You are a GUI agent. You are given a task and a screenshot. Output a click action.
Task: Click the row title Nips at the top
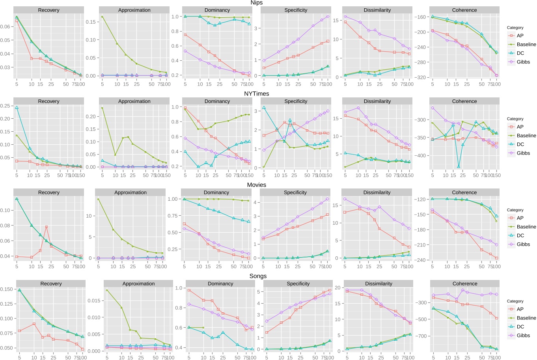(256, 3)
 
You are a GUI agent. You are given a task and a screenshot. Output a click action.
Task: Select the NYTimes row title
(256, 94)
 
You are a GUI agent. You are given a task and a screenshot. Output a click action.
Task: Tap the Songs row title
(258, 276)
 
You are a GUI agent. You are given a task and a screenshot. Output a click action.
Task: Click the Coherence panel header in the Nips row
(464, 10)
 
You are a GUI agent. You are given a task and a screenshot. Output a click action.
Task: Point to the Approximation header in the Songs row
(138, 284)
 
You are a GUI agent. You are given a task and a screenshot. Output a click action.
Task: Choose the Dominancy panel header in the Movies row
(216, 192)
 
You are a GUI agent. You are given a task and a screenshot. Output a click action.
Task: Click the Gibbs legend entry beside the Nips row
(523, 62)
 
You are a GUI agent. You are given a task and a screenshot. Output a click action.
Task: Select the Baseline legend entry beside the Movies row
(526, 227)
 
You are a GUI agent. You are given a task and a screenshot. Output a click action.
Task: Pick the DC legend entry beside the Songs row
(520, 326)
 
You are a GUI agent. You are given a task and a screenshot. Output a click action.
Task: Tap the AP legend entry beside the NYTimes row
(520, 127)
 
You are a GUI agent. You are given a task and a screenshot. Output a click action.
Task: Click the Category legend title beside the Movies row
(515, 210)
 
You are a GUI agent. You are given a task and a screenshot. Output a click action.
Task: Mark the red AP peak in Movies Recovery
(47, 227)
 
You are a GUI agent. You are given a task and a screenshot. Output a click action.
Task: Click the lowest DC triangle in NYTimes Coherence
(459, 167)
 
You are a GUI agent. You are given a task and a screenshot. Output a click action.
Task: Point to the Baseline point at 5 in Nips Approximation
(102, 17)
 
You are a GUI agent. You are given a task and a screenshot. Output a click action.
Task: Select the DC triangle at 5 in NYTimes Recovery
(17, 107)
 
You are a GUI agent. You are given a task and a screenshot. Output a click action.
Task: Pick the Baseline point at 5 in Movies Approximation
(98, 199)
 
